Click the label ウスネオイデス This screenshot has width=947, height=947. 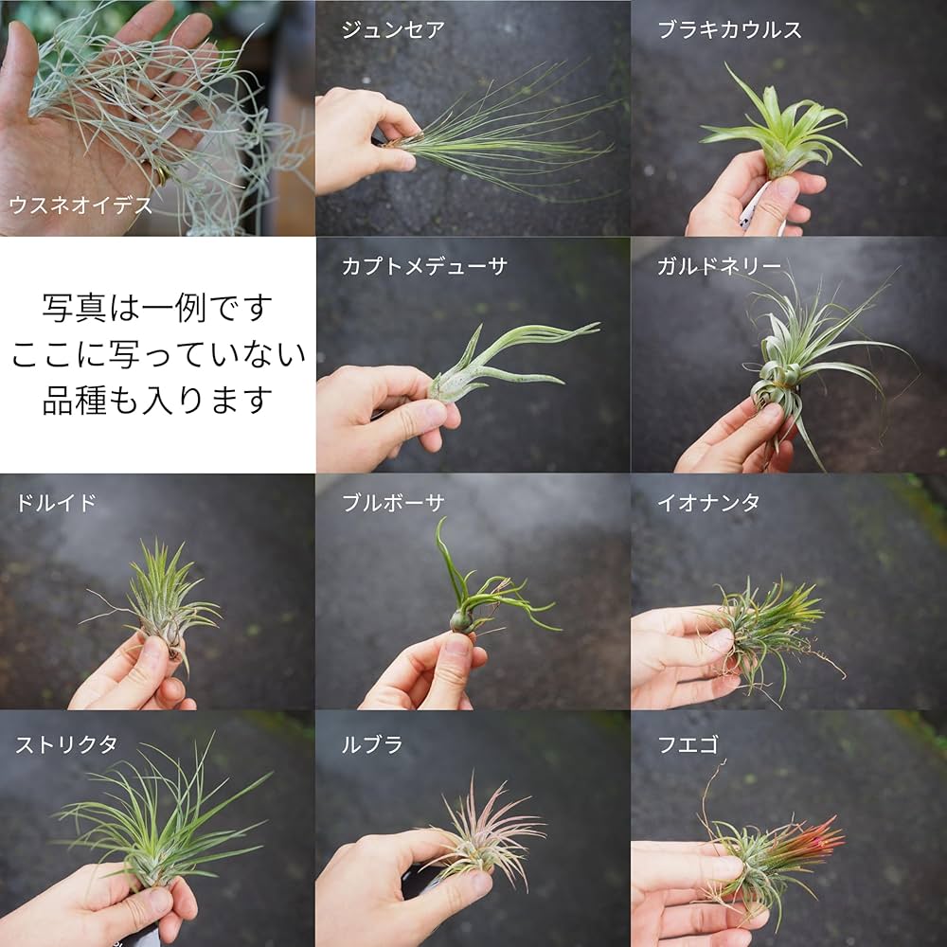pos(80,204)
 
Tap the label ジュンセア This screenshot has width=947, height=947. pos(393,30)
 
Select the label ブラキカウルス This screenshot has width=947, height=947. pos(730,30)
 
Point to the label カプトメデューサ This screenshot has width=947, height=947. pos(424,267)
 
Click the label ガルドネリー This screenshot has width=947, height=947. pos(720,267)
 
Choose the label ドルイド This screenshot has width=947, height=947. pos(55,503)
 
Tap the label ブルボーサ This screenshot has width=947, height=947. pos(393,503)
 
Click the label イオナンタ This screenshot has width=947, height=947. pos(708,503)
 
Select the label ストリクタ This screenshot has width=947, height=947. pos(66,744)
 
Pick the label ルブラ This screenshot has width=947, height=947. pos(372,744)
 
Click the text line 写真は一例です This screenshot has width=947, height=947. pos(157,308)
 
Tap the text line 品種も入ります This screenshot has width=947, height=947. pos(157,400)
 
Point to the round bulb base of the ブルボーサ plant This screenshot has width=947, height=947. pos(461,621)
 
